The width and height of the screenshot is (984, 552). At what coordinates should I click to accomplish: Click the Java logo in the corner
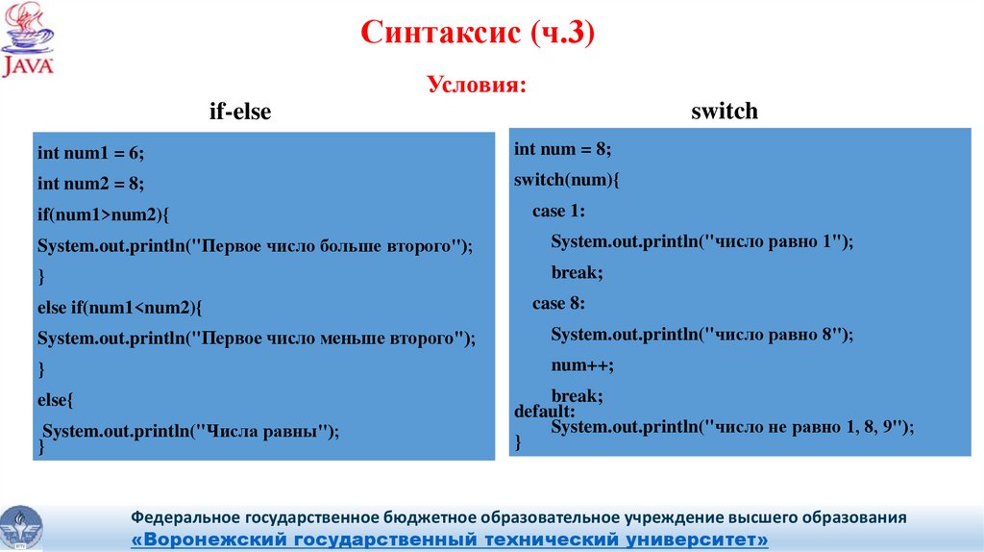pos(28,40)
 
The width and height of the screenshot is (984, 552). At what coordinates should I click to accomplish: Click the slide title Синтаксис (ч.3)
pos(479,36)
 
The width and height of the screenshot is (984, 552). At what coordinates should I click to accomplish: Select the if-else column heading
pos(240,113)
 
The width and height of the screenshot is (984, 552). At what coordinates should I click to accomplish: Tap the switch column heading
pos(725,112)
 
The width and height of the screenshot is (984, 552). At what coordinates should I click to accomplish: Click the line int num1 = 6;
pos(90,153)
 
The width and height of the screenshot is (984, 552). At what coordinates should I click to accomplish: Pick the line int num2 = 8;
pos(90,184)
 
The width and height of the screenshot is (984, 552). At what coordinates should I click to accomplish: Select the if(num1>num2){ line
pos(103,214)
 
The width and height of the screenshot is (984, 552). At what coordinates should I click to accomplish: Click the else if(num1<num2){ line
pos(120,308)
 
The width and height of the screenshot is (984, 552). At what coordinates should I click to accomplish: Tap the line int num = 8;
pos(562,149)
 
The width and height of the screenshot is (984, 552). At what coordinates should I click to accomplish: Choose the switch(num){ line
pos(568,180)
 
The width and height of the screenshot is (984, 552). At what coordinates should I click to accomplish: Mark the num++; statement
pos(581,365)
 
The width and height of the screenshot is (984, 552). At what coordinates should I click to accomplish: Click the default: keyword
pos(544,412)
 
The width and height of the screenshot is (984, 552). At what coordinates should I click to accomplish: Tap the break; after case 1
pos(577,273)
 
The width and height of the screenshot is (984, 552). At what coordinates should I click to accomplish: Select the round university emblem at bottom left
pos(22,527)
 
